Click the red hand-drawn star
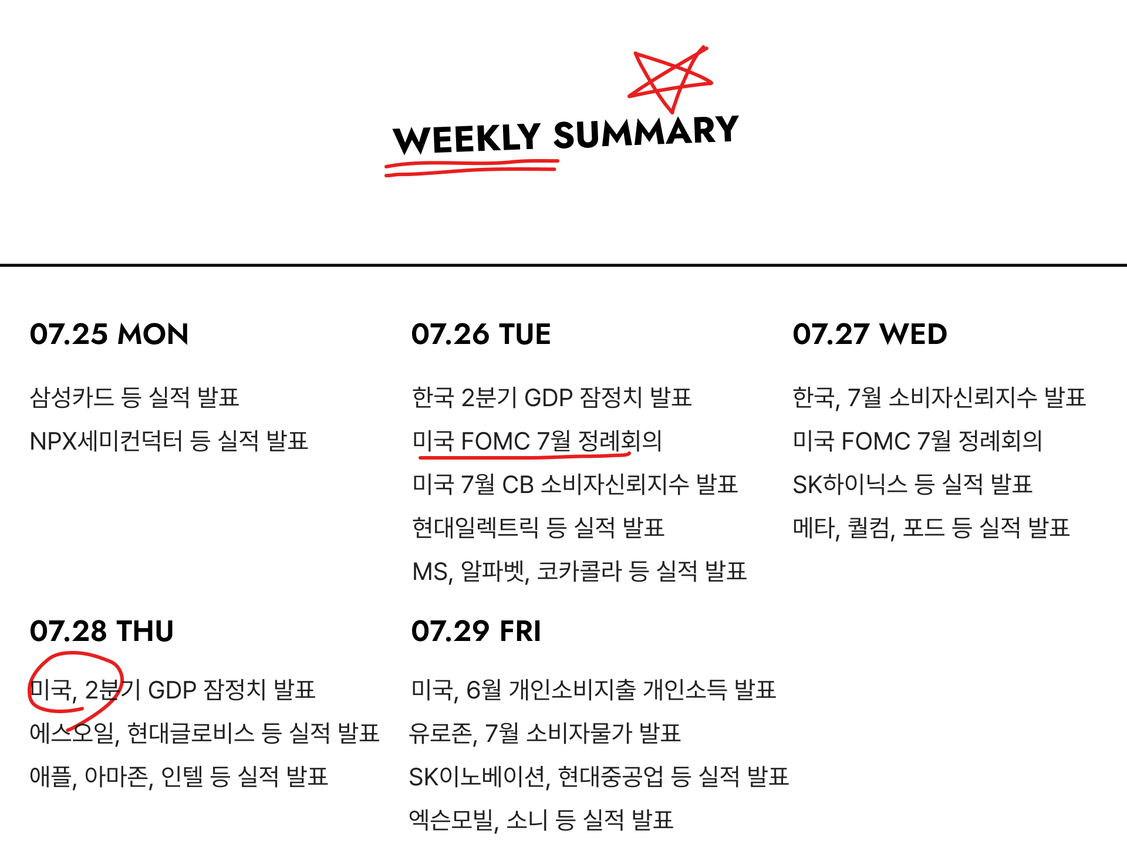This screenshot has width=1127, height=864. pos(670,79)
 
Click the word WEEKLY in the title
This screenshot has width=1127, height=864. pos(467,139)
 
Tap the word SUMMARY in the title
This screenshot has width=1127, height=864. pos(646,132)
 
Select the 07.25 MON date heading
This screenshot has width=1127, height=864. pos(109,334)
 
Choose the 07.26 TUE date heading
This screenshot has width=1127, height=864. pos(481,334)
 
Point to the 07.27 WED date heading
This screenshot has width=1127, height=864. pos(869,334)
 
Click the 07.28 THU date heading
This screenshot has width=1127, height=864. pos(102,631)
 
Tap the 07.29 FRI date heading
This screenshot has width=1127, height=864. pos(476,631)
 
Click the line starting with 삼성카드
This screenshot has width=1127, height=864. pos(134,397)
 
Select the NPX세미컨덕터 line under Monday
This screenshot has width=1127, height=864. pos(168,441)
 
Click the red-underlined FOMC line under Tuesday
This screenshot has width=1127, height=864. pos(536,441)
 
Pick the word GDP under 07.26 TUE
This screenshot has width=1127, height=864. pos(548,398)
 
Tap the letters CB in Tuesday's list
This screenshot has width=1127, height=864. pos(518,485)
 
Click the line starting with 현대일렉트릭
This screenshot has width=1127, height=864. pos(538,528)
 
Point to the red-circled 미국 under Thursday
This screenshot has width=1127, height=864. pos(52,690)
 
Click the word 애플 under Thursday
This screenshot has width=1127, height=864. pos(50,777)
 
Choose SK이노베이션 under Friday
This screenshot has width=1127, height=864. pos(477,777)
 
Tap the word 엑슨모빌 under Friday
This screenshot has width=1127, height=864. pos(451,820)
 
